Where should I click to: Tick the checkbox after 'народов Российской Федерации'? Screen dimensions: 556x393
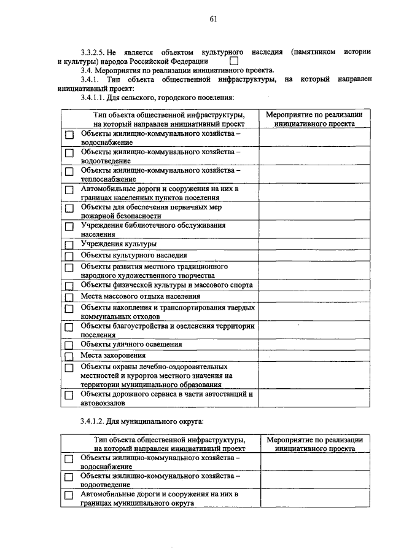pos(233,61)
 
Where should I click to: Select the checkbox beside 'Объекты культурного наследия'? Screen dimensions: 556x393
pos(69,256)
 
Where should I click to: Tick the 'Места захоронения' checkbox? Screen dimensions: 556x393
pos(69,356)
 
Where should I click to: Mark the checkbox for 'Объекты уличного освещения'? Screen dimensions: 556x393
pos(69,345)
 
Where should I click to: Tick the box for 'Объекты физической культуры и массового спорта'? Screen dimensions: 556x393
pos(69,286)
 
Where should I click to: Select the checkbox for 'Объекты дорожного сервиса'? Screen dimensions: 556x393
pos(69,395)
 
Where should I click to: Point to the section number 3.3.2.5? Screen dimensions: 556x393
pos(95,52)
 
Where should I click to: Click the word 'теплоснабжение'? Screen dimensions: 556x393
pos(108,179)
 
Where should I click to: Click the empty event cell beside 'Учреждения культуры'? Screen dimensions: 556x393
pos(314,245)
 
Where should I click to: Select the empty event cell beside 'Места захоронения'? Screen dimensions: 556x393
pos(314,356)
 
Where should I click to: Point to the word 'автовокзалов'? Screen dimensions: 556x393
pos(103,404)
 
